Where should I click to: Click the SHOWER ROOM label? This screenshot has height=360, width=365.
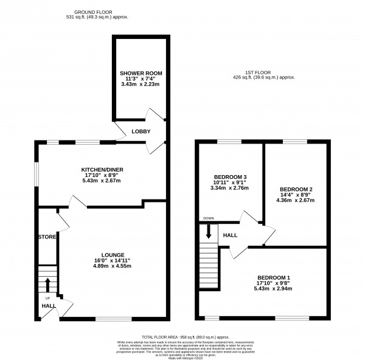pos(141,73)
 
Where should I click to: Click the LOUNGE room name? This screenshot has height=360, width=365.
pos(113,255)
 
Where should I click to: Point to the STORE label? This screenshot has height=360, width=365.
pos(47,237)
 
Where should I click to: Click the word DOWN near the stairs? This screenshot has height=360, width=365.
pos(208,218)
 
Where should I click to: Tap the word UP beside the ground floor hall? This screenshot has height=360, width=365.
pos(47,299)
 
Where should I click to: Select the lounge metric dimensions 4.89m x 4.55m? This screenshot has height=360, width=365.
pos(113,268)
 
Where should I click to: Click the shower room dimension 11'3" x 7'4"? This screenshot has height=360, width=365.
pos(141,80)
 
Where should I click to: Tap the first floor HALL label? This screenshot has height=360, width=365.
pos(230,234)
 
